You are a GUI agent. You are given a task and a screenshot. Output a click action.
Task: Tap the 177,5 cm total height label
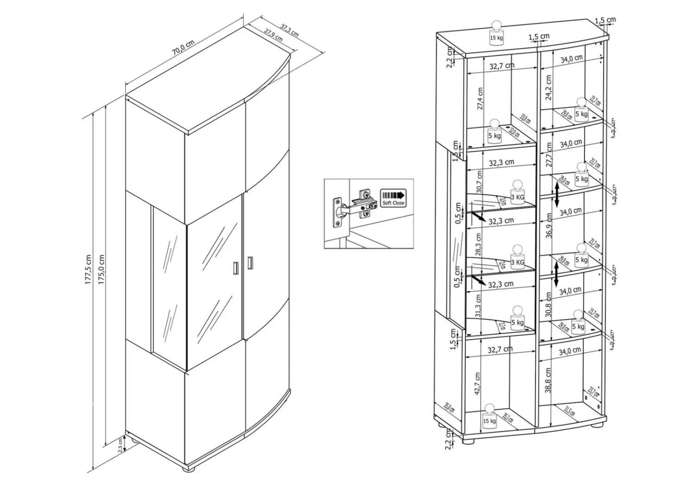(88, 269)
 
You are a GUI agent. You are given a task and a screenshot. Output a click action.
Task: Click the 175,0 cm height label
(101, 269)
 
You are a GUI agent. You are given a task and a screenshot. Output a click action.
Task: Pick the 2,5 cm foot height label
(121, 445)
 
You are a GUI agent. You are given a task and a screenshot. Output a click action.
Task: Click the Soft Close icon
(393, 197)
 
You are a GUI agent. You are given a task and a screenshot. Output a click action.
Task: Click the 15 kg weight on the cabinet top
(496, 34)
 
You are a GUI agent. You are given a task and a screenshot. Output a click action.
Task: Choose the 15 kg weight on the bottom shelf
(489, 417)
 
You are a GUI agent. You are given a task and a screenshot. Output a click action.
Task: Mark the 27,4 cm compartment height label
(480, 99)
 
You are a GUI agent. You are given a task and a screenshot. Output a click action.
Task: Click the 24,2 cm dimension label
(549, 87)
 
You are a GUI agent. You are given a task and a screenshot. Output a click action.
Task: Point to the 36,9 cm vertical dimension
(549, 225)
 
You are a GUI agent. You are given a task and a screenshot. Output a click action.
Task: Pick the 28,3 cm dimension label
(479, 245)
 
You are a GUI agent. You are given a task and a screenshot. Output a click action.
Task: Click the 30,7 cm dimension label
(479, 181)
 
